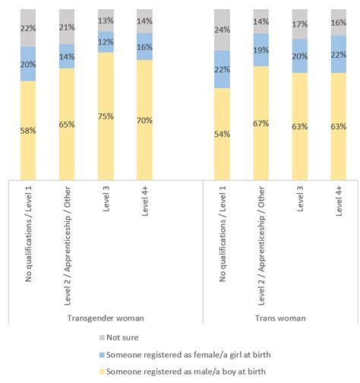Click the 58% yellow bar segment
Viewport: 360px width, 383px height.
(28, 129)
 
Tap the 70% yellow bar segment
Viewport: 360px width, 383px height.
(144, 118)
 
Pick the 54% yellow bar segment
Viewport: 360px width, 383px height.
(222, 132)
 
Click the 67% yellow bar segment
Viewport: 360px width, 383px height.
(261, 122)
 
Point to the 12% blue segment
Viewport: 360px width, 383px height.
(106, 42)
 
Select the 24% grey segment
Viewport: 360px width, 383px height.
(222, 30)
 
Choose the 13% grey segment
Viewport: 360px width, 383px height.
(106, 21)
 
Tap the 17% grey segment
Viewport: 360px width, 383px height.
(299, 24)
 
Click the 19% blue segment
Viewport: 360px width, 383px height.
(261, 49)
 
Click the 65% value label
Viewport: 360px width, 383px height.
(67, 122)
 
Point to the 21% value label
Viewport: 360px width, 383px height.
(67, 28)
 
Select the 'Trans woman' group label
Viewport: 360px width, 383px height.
(279, 318)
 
